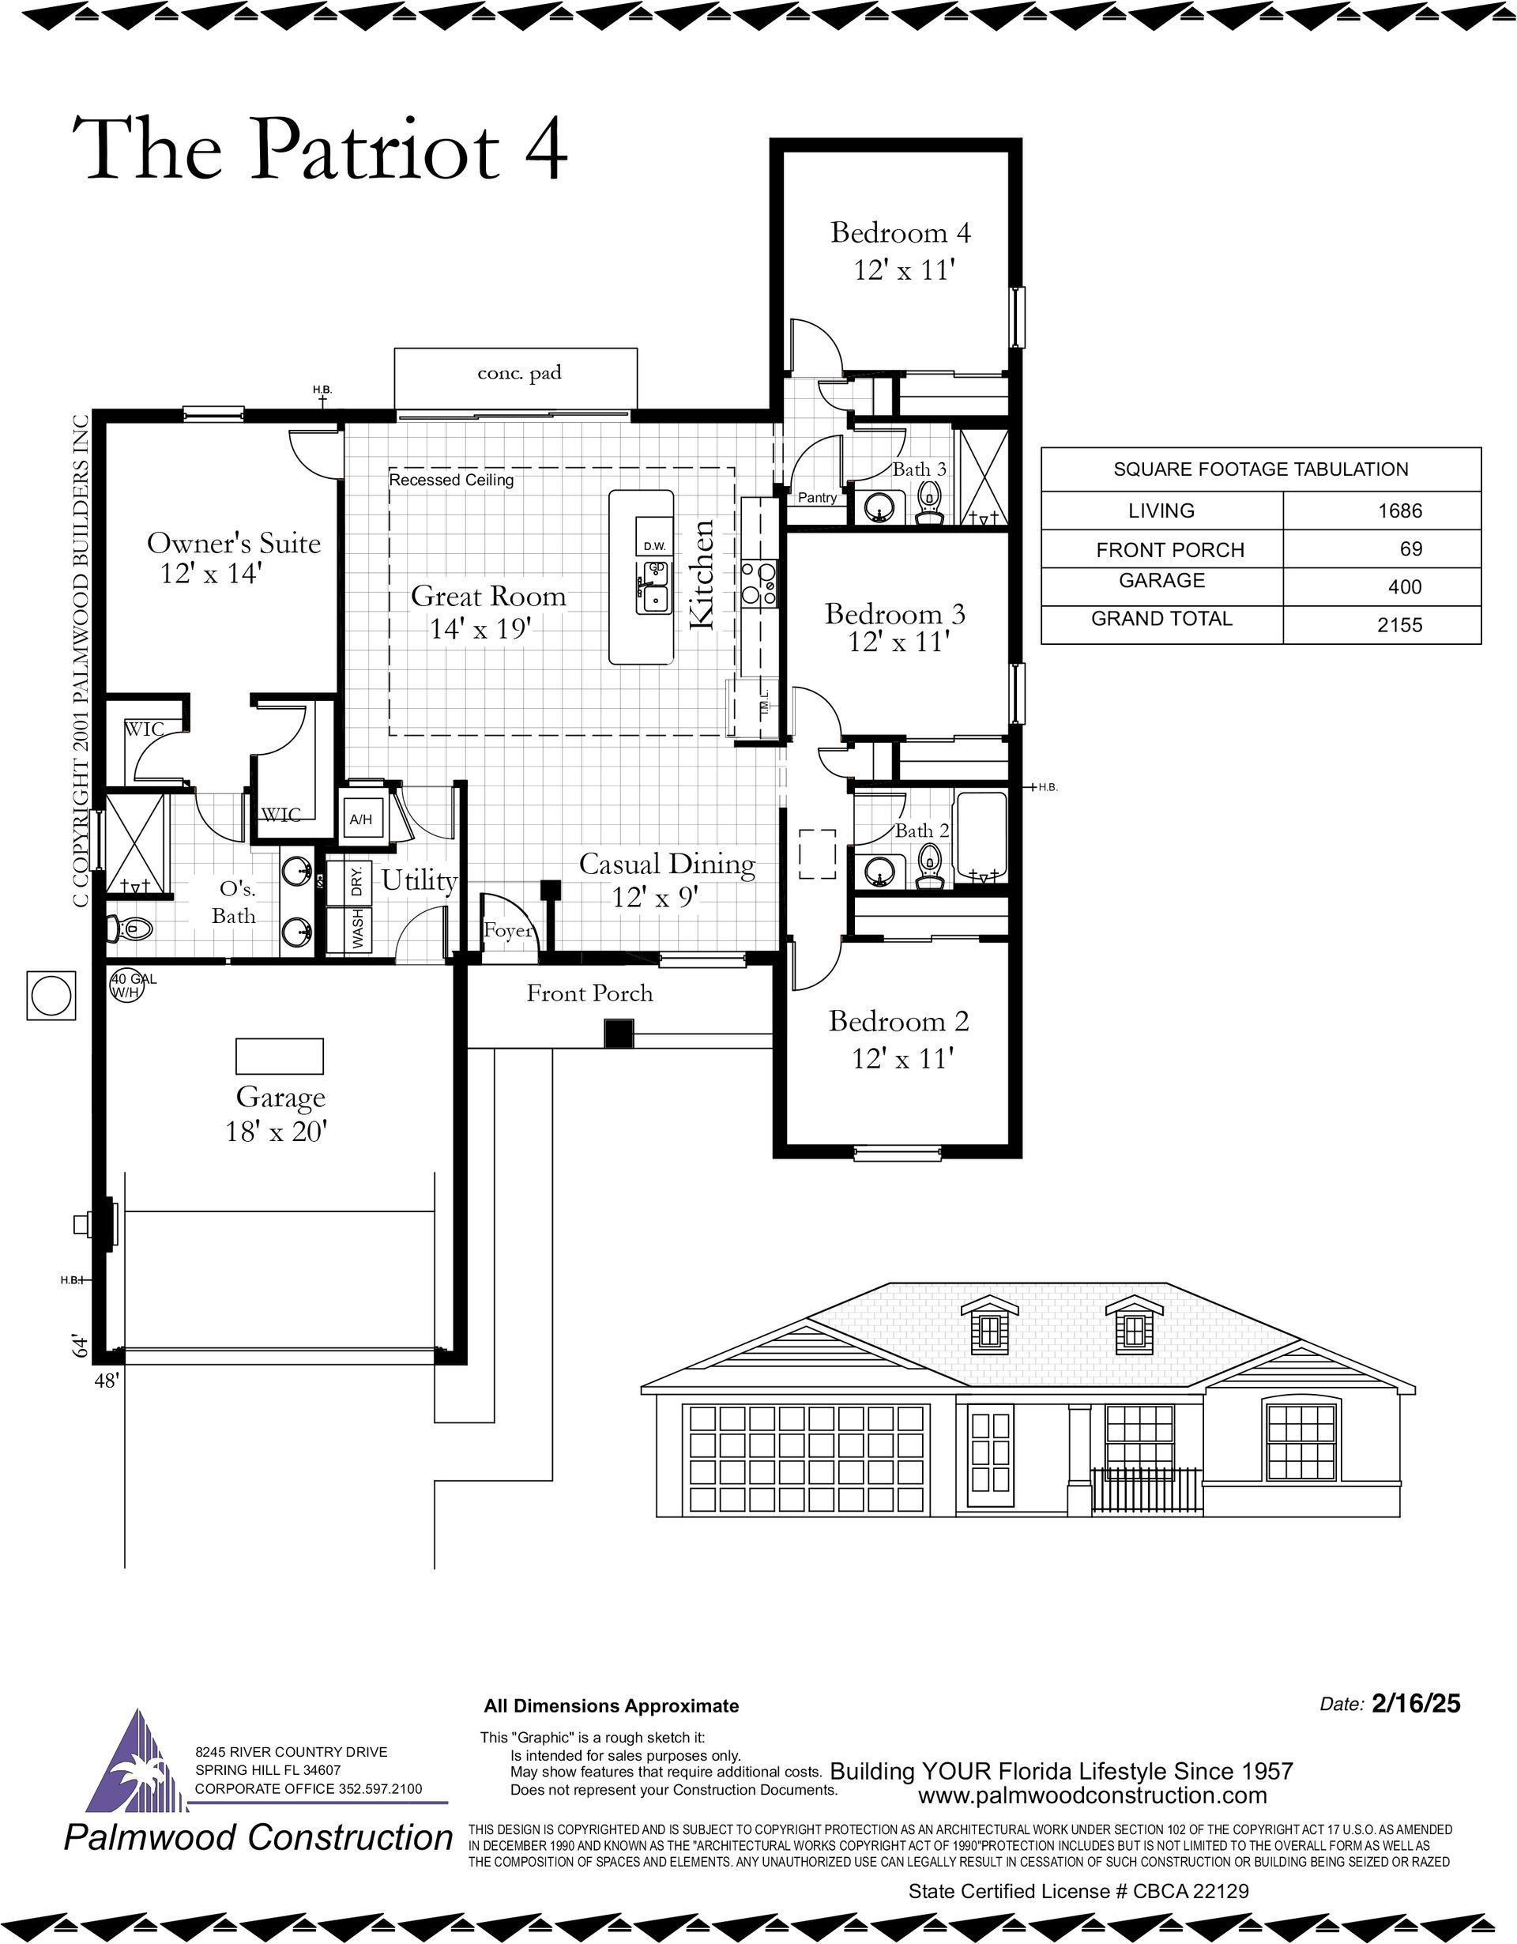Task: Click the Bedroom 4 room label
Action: [901, 232]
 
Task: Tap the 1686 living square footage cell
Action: [1399, 511]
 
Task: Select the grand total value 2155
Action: [1399, 625]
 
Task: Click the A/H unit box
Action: [361, 818]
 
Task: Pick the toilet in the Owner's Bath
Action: [130, 929]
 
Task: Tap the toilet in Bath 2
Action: [930, 867]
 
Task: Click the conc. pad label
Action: [520, 373]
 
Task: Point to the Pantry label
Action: [817, 498]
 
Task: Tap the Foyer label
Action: [508, 931]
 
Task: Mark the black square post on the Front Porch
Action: [619, 1034]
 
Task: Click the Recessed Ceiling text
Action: [452, 480]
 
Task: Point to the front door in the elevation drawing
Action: [991, 1452]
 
